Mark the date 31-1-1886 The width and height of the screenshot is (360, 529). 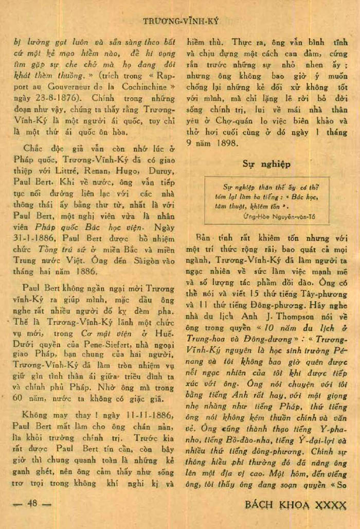pyautogui.click(x=30, y=239)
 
